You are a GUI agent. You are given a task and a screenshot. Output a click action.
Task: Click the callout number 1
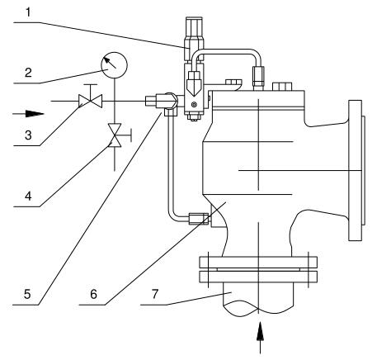click(x=29, y=12)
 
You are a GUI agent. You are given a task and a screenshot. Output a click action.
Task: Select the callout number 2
click(x=28, y=73)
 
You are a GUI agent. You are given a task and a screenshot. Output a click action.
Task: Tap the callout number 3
click(x=28, y=135)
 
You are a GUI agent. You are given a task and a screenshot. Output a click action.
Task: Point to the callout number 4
click(x=28, y=196)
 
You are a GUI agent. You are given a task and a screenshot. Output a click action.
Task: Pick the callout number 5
click(x=27, y=294)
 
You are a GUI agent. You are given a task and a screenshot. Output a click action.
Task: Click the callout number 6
click(x=93, y=294)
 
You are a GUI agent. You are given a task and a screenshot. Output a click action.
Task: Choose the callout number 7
click(x=155, y=294)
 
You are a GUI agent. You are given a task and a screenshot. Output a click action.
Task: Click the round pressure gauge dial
click(x=115, y=65)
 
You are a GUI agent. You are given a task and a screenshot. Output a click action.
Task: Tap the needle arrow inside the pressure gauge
click(x=110, y=62)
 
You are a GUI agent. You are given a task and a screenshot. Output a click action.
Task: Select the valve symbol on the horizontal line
click(x=91, y=101)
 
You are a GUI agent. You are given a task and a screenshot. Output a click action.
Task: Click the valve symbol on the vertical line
click(x=115, y=135)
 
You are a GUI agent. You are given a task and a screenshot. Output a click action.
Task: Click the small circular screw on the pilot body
click(x=194, y=105)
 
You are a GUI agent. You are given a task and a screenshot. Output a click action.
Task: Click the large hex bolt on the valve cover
click(x=281, y=86)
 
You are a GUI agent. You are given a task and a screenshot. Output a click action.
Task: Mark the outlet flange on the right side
click(x=356, y=171)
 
